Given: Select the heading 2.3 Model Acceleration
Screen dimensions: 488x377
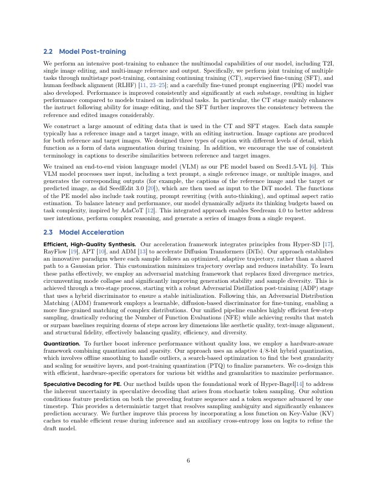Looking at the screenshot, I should tap(83, 232).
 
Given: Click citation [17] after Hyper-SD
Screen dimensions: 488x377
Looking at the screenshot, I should tap(329, 244).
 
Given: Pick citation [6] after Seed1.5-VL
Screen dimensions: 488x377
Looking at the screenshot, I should tap(313, 166).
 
